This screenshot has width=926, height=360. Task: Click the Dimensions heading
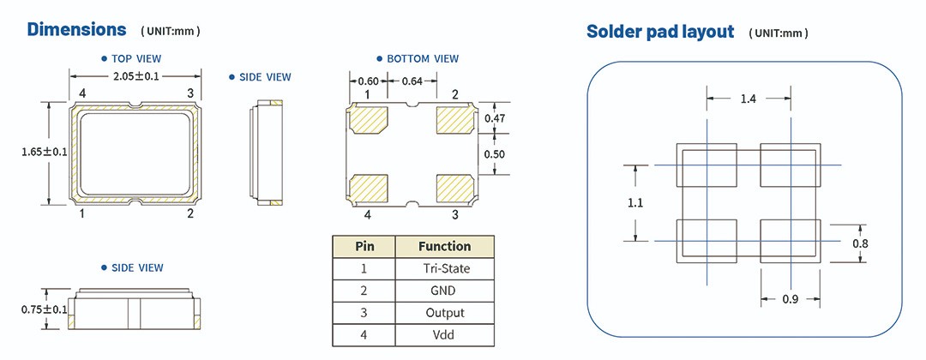(76, 29)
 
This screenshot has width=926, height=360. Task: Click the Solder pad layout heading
(660, 32)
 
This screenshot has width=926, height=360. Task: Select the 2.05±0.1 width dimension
(135, 76)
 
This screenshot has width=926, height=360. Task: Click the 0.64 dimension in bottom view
(412, 81)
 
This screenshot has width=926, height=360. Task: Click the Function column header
(444, 246)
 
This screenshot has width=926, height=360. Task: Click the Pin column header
(364, 246)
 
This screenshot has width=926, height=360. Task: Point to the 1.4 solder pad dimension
(748, 99)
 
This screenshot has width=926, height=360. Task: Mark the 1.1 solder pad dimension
(635, 203)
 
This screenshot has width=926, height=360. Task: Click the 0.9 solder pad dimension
(789, 299)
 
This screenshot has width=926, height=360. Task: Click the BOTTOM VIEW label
(422, 59)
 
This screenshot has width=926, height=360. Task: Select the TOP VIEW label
(135, 59)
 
